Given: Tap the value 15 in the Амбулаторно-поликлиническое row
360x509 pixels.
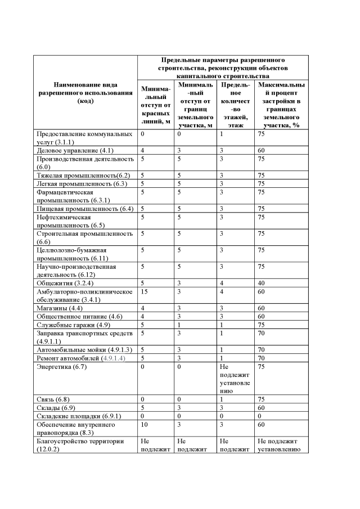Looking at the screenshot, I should click(x=145, y=291).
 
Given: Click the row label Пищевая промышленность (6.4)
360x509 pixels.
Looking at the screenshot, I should click(x=84, y=209).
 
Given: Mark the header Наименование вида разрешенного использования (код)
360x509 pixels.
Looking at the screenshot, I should click(x=85, y=93).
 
